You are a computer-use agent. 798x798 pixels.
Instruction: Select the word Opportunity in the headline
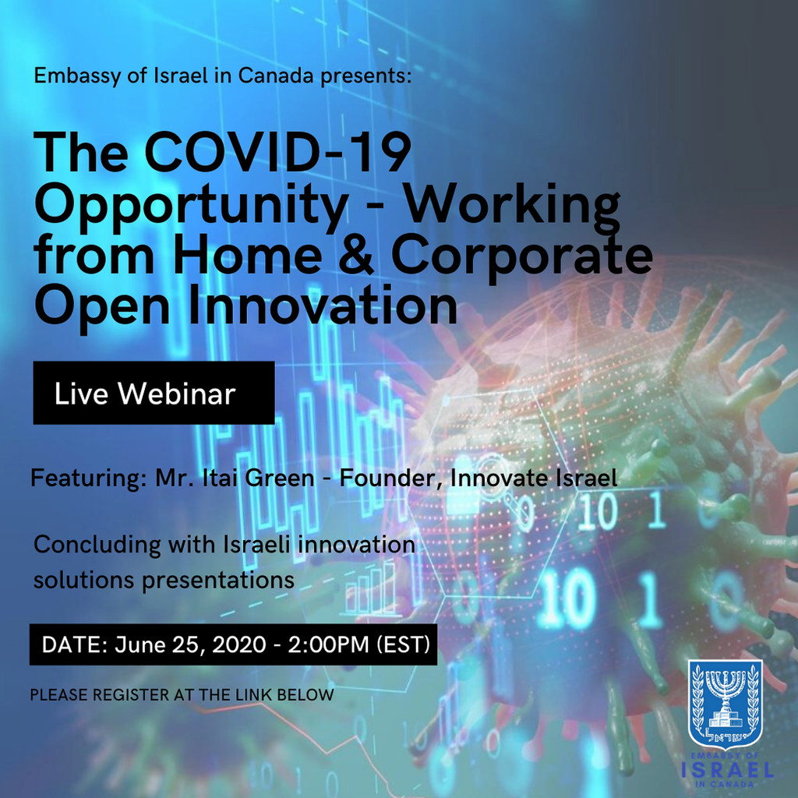[191, 207]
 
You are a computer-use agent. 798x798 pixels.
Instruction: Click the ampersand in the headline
[355, 255]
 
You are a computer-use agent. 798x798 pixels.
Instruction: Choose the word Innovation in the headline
[323, 305]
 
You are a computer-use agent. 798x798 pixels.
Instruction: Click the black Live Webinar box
[154, 393]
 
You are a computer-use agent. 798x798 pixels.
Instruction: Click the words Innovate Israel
[534, 478]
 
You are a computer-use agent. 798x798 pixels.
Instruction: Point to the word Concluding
[97, 546]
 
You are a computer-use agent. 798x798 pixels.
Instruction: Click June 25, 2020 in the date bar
[190, 644]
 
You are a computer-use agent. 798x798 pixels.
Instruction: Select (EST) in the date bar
[403, 644]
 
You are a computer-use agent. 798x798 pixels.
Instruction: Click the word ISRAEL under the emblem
[728, 769]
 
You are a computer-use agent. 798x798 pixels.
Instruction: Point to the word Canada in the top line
[276, 76]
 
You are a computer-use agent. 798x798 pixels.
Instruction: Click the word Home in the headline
[248, 255]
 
